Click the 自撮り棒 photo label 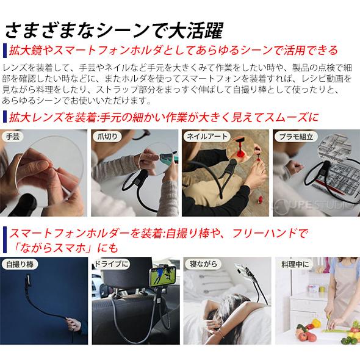tap(20, 265)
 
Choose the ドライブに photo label tap(112, 265)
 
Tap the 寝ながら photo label tap(203, 265)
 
